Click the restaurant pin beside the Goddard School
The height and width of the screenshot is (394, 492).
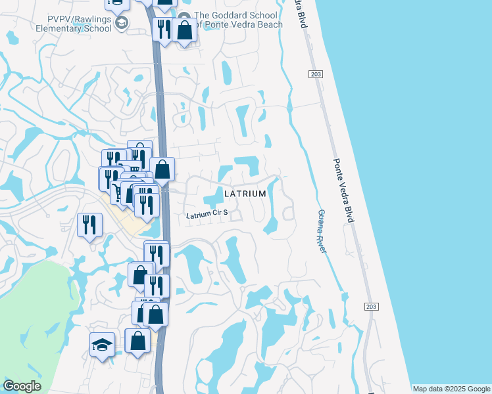163,29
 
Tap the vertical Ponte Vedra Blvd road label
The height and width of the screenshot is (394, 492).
343,190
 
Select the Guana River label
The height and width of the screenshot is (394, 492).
322,231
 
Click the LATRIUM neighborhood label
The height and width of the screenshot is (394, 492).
245,194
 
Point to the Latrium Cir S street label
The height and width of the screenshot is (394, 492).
207,213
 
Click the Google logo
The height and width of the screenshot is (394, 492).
22,386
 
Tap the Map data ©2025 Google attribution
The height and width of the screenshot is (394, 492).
451,389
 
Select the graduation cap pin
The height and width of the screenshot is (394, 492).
102,344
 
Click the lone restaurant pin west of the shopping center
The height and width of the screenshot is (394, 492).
89,225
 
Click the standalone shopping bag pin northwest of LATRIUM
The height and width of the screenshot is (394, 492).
162,169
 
